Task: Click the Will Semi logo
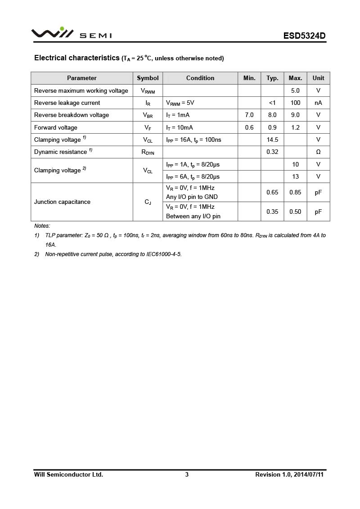[x=71, y=33]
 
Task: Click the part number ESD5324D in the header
[x=304, y=36]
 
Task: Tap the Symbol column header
[x=148, y=78]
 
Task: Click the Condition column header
[x=200, y=78]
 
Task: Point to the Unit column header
[x=318, y=78]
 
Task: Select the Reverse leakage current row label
[x=67, y=103]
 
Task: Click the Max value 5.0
[x=295, y=90]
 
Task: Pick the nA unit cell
[x=318, y=103]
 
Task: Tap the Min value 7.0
[x=249, y=115]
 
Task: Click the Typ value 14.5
[x=272, y=140]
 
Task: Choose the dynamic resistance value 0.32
[x=272, y=152]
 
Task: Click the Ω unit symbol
[x=318, y=152]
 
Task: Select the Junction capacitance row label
[x=62, y=202]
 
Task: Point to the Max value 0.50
[x=295, y=212]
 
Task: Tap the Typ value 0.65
[x=272, y=192]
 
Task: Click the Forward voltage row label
[x=56, y=127]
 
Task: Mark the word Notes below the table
[x=42, y=226]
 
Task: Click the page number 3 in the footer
[x=187, y=474]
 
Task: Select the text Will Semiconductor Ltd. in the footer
[x=68, y=474]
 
